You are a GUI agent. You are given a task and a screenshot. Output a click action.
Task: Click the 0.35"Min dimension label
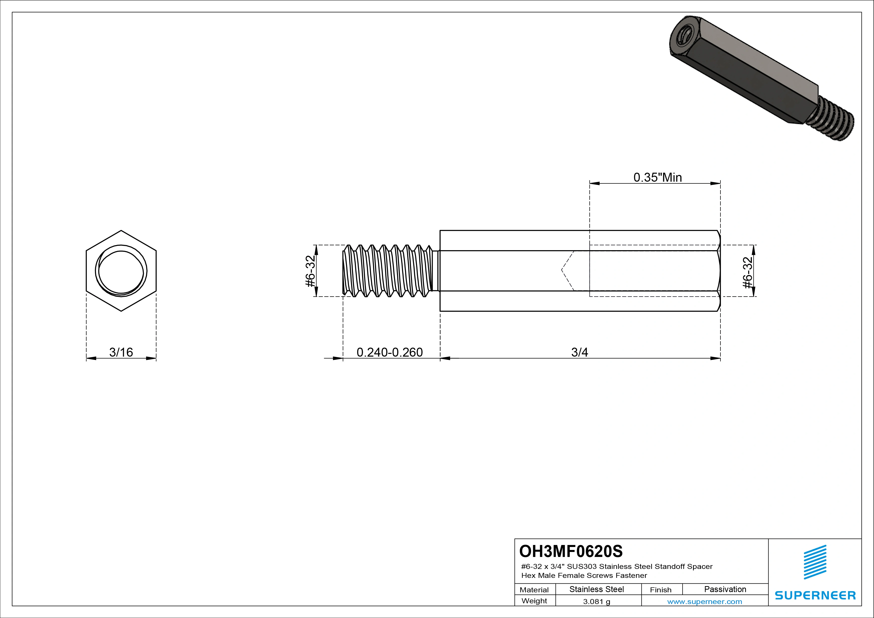coord(657,177)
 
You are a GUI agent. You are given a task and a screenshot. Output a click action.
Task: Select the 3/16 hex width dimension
coord(121,352)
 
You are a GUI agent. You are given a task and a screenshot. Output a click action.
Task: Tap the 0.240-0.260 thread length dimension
coord(390,352)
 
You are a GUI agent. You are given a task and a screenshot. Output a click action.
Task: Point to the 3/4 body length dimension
coord(579,352)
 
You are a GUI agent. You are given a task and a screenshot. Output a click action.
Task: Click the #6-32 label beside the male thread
coord(310,271)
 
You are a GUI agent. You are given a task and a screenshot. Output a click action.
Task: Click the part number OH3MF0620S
coord(571,551)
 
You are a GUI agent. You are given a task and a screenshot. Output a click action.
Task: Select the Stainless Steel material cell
coord(596,589)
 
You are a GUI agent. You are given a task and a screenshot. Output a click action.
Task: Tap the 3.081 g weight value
coord(596,602)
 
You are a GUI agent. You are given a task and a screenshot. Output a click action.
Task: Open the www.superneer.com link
coord(704,602)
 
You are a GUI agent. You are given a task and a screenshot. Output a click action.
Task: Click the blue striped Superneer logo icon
coord(815,562)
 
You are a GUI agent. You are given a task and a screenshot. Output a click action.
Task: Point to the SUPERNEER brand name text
coord(815,595)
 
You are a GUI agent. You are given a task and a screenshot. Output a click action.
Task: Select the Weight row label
coord(534,601)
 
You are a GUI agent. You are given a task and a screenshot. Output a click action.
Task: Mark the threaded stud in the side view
coord(388,271)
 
